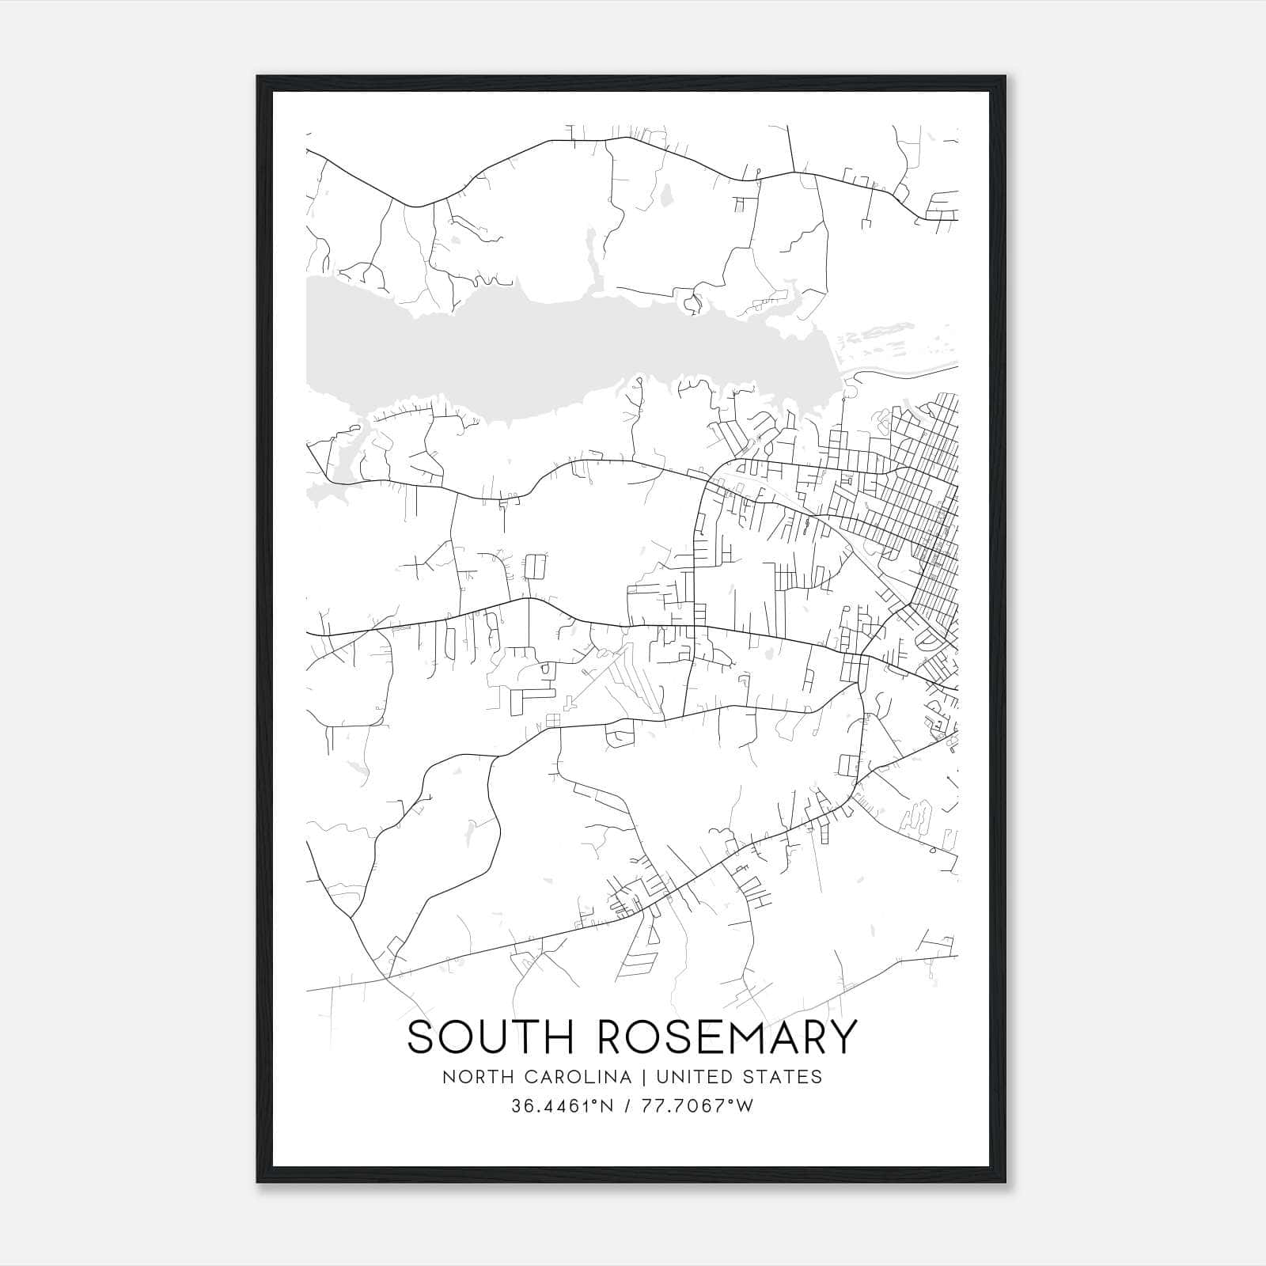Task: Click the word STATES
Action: tap(783, 1077)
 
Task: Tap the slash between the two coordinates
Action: tap(629, 1106)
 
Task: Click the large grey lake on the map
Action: tap(554, 356)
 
